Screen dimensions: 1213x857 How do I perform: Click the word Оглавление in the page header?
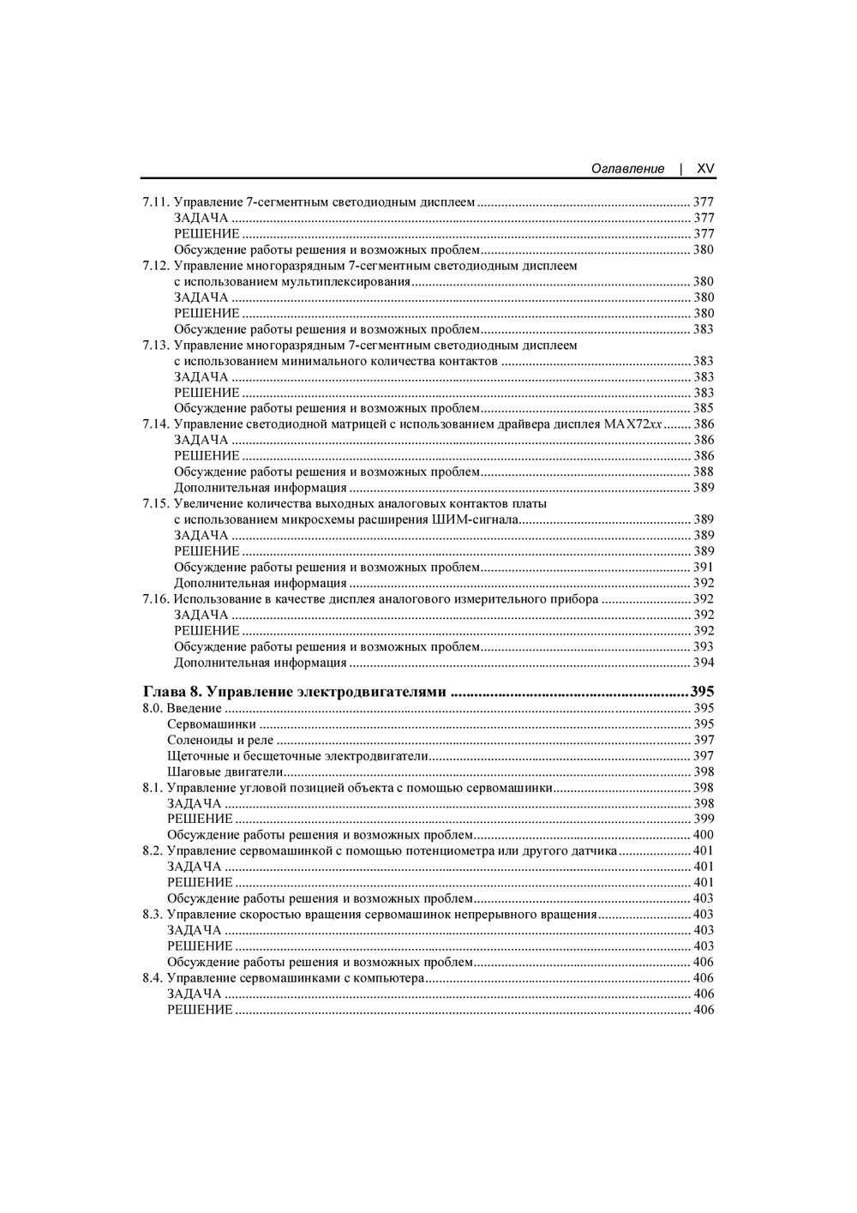coord(627,169)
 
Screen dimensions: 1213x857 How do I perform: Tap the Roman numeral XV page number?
coord(705,169)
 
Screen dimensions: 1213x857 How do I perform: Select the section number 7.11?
coord(155,202)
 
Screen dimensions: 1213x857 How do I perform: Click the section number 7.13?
coord(155,345)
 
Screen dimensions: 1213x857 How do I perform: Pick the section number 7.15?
coord(155,503)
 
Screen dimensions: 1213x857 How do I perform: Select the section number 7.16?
coord(155,598)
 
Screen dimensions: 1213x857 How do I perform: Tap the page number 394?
coord(704,663)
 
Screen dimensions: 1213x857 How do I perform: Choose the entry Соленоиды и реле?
coord(220,740)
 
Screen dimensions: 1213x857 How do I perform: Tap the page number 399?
coord(704,819)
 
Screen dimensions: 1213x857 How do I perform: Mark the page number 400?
coord(704,835)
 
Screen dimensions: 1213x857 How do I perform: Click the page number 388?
coord(704,471)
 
